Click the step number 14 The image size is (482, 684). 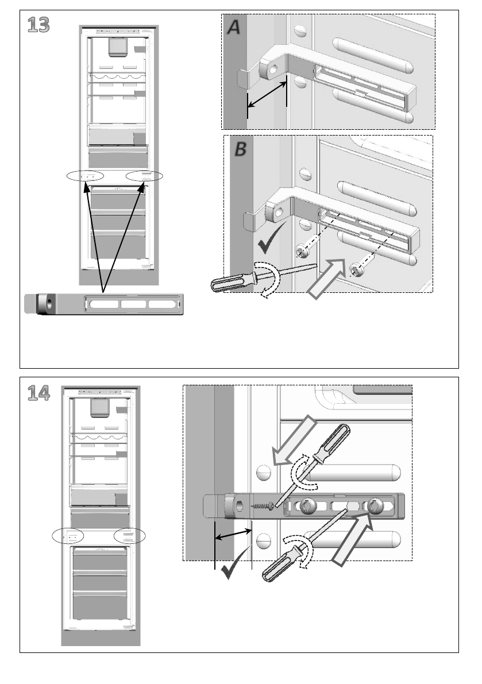tap(38, 393)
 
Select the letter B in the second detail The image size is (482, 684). tap(240, 150)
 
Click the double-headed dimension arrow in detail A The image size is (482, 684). tap(267, 94)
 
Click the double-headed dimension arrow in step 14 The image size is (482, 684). tap(233, 534)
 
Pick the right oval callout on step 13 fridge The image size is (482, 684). tap(144, 176)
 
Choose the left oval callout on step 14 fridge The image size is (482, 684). tap(68, 536)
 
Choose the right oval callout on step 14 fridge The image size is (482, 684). tap(129, 536)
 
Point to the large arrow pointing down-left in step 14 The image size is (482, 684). tap(294, 440)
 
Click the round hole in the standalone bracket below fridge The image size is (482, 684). tap(48, 303)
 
